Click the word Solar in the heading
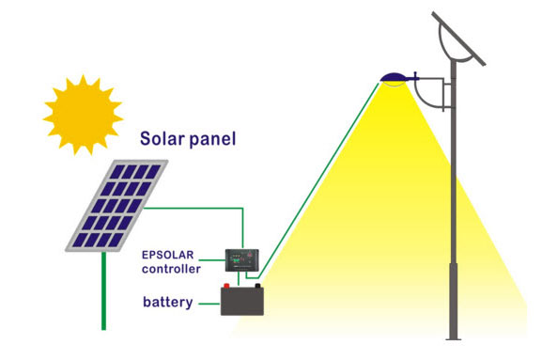[161, 140]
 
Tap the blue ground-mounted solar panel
[117, 205]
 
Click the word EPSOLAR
[175, 255]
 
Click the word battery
[168, 303]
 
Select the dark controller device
[241, 255]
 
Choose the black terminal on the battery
[259, 288]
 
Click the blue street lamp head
[395, 77]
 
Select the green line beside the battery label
[209, 303]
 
